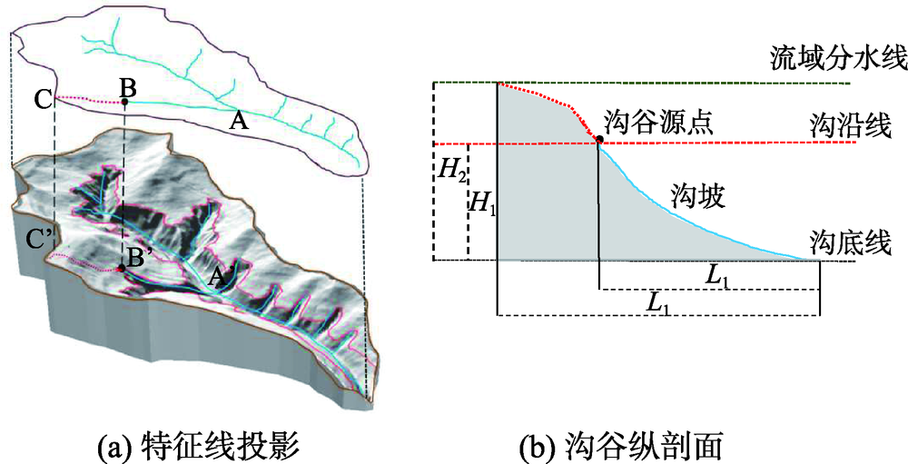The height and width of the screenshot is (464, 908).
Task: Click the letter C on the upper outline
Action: point(42,100)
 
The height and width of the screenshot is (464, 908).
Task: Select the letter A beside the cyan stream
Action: point(239,120)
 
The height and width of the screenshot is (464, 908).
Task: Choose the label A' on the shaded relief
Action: point(222,279)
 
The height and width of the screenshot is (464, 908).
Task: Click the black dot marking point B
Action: point(124,103)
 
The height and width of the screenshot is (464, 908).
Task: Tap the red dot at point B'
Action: point(121,269)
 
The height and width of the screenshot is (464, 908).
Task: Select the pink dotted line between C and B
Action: point(88,100)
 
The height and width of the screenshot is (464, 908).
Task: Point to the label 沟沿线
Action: point(850,126)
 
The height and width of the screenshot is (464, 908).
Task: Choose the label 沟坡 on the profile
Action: point(696,198)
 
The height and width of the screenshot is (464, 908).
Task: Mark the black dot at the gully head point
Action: point(599,139)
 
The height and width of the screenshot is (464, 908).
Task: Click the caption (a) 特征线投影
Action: point(197,447)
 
